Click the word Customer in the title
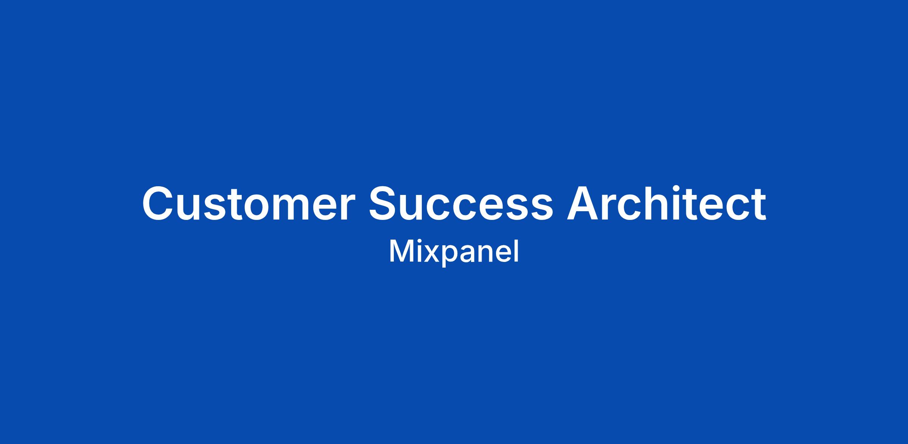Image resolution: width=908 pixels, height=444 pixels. click(248, 203)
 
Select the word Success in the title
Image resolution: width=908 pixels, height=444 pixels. click(461, 203)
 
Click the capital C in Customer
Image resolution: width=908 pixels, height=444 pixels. click(159, 203)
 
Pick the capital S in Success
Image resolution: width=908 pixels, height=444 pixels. click(385, 203)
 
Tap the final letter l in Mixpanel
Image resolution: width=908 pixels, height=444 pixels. click(517, 251)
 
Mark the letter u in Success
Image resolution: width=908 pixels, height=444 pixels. click(417, 208)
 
